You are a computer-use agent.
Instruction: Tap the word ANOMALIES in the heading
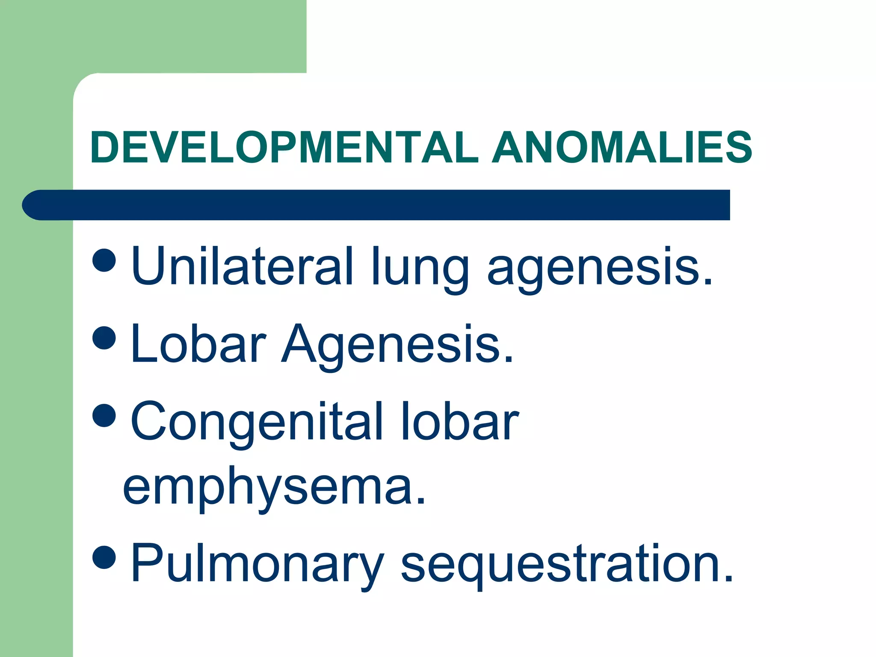coord(622,148)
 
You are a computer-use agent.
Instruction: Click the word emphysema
coord(267,490)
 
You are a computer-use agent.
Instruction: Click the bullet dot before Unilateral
coord(104,260)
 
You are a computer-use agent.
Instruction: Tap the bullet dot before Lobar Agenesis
coord(104,337)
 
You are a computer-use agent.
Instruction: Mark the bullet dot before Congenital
coord(104,415)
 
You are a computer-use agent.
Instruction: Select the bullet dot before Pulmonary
coord(104,558)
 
